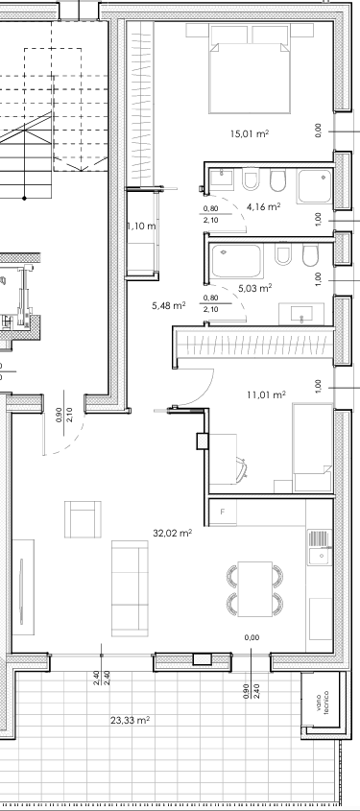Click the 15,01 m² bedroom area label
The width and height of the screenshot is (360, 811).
pos(250,134)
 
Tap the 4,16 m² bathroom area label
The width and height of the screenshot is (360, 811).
pos(264,207)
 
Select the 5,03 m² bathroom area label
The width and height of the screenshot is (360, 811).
pos(255,288)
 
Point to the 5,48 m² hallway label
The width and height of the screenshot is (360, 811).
pos(169,305)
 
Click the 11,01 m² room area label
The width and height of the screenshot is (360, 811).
pos(266,395)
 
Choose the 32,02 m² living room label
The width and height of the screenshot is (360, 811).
pos(173,533)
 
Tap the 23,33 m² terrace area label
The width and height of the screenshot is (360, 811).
pos(131,720)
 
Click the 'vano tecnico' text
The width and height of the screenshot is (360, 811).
pos(324,702)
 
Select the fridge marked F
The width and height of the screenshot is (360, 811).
pos(223,513)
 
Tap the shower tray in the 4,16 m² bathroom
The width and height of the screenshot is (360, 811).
pos(315,186)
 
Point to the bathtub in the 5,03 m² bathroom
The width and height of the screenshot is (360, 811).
pos(236,261)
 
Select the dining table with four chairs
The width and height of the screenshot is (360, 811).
pos(255,589)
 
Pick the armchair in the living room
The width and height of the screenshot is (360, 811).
pos(83,519)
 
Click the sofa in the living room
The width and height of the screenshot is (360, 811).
pos(130,588)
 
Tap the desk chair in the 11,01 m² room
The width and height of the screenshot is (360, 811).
pos(242,466)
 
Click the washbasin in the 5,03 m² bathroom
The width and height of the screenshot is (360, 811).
pos(301,314)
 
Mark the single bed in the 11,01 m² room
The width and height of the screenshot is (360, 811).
pos(312,447)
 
